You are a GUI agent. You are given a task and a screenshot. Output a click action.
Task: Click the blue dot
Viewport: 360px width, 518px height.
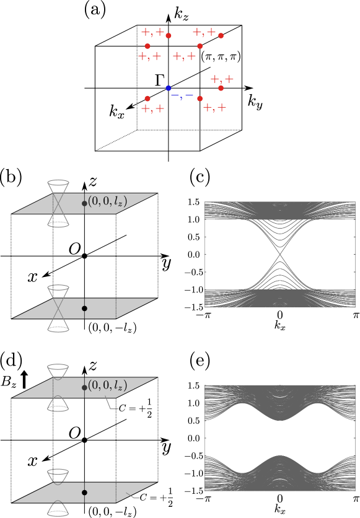[x=168, y=88]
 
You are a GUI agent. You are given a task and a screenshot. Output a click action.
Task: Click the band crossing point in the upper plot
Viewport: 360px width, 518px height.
[x=280, y=254]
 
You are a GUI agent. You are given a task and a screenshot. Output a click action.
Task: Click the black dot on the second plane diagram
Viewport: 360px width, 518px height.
[x=84, y=308]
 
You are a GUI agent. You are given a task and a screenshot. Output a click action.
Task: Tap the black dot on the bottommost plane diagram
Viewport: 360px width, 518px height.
[x=84, y=493]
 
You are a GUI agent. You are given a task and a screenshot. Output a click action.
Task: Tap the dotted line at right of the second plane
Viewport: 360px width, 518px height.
[x=116, y=309]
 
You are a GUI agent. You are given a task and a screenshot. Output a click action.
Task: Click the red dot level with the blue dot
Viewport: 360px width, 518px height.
[x=221, y=88]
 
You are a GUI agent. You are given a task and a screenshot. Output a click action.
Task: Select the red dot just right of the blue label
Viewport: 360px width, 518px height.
[x=200, y=99]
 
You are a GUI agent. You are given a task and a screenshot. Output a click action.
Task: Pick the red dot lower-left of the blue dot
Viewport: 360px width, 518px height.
[x=147, y=99]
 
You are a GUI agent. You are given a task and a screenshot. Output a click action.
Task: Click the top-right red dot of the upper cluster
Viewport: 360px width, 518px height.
[x=221, y=35]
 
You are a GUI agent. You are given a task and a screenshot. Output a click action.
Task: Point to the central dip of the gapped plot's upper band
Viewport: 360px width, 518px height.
[x=280, y=420]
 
